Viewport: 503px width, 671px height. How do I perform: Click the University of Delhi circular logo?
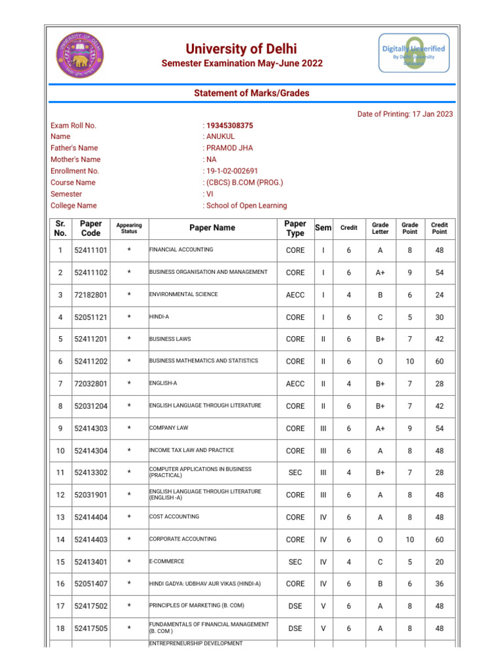coord(80,52)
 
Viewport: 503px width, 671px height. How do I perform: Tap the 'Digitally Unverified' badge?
coord(414,53)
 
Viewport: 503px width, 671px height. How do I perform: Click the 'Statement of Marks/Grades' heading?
coord(251,93)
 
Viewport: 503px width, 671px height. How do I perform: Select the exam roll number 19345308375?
coord(229,125)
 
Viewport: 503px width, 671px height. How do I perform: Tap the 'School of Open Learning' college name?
coord(246,206)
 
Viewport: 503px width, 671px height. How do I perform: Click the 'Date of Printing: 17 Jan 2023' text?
coord(405,114)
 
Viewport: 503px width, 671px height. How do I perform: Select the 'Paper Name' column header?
coord(212,228)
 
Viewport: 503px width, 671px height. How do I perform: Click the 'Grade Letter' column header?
coord(380,228)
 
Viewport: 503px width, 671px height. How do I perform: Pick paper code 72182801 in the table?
coord(91,295)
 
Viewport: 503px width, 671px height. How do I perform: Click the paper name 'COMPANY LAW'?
coord(168,428)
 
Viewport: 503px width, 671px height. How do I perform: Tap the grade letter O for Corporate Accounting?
coord(380,540)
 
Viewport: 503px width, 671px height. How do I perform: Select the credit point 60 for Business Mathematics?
coord(439,362)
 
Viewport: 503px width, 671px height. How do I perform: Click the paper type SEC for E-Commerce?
coord(295,562)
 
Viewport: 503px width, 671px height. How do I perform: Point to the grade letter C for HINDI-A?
coord(380,317)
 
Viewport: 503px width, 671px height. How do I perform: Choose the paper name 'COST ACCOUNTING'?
coord(174,517)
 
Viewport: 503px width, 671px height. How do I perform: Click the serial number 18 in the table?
coord(60,629)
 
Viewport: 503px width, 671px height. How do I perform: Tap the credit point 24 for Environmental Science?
coord(439,295)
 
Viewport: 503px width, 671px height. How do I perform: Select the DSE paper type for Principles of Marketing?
coord(295,607)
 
